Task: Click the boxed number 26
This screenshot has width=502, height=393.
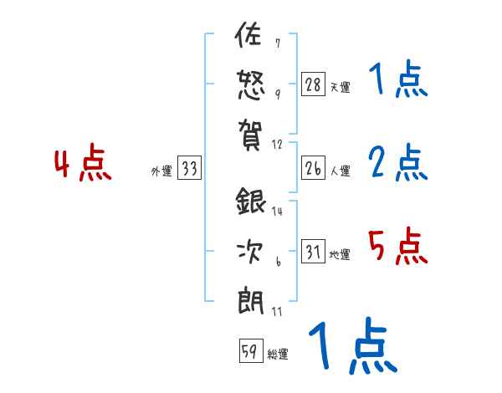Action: pos(314,167)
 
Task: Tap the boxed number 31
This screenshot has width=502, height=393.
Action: pos(314,252)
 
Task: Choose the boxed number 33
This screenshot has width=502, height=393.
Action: pos(189,168)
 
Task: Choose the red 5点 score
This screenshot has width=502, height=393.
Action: pos(397,246)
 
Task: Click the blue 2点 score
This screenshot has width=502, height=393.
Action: pos(397,162)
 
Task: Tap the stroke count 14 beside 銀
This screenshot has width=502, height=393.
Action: pos(278,211)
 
